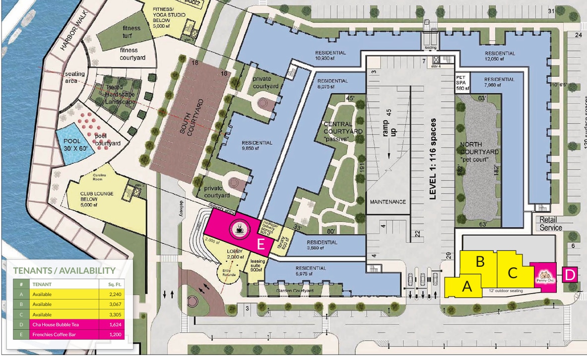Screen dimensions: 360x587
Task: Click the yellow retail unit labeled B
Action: coord(480,263)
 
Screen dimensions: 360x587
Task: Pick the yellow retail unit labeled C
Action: coord(513,272)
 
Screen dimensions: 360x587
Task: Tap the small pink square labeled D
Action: coord(570,274)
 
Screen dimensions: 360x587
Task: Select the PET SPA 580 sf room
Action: coord(462,82)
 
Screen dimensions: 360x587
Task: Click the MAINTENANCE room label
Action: coord(388,202)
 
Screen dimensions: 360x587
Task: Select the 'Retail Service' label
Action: coord(550,224)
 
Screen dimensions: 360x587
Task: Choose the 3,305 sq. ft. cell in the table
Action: coord(114,314)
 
